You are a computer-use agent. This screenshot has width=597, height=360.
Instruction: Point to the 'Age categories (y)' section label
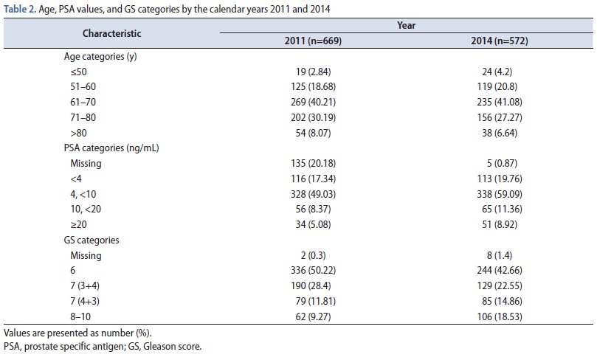103,56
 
